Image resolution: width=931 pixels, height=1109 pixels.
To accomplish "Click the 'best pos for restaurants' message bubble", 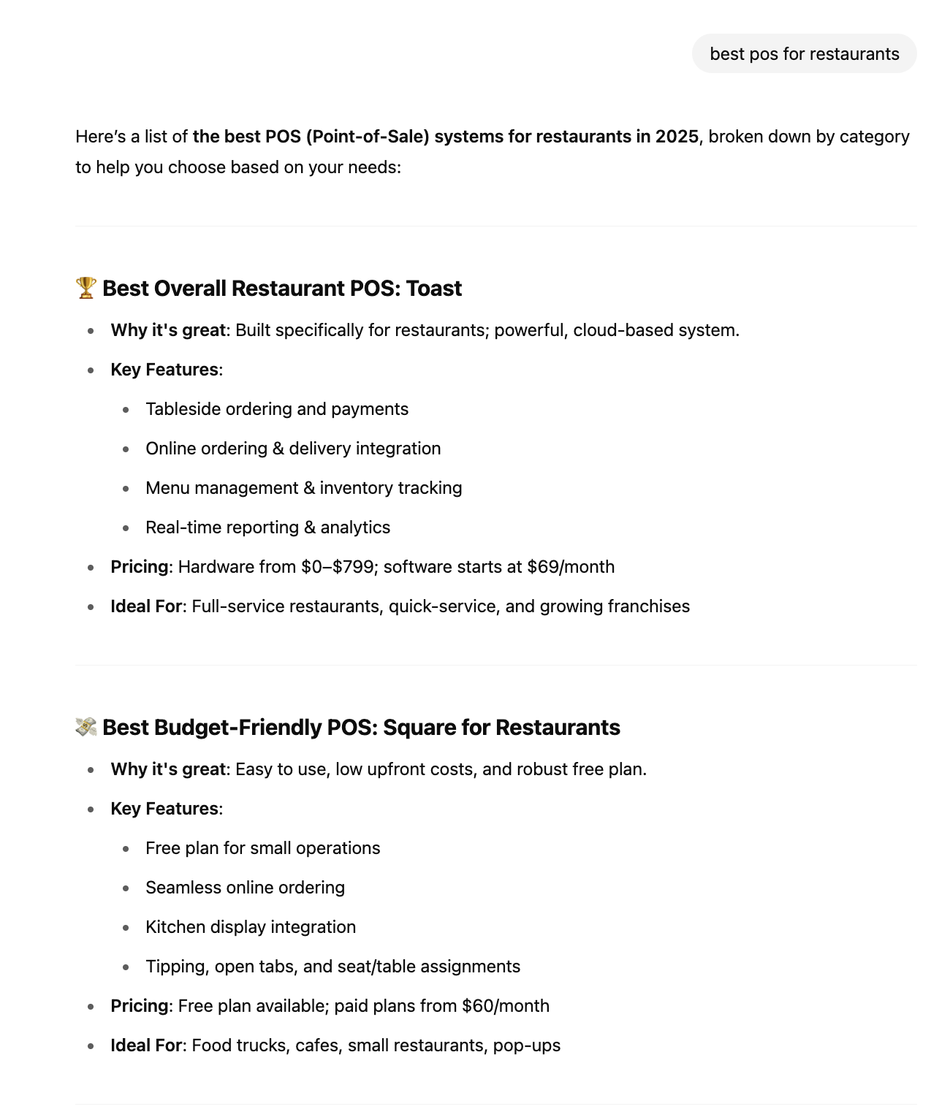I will tap(804, 54).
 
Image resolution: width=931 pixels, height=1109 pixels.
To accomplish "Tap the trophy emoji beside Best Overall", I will tap(85, 288).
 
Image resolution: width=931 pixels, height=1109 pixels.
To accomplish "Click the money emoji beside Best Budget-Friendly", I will tap(85, 727).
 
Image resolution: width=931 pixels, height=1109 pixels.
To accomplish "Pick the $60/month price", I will tap(506, 1006).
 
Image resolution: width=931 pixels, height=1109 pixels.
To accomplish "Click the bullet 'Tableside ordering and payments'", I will tap(277, 409).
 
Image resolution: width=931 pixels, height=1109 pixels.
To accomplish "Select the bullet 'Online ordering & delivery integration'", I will tap(293, 449).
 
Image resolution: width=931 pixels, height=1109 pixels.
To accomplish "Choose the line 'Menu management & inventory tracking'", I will tap(303, 488).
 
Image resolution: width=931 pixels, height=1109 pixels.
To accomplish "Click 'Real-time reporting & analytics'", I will tap(267, 527).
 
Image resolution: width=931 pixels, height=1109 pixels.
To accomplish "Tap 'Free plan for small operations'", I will tap(262, 848).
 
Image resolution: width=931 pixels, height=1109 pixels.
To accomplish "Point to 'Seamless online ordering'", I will tap(245, 888).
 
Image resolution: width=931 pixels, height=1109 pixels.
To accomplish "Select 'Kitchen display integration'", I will tap(251, 927).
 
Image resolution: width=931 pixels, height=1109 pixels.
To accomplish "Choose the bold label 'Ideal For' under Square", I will tap(146, 1045).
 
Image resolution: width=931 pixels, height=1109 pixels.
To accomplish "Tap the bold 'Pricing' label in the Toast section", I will tap(139, 567).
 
